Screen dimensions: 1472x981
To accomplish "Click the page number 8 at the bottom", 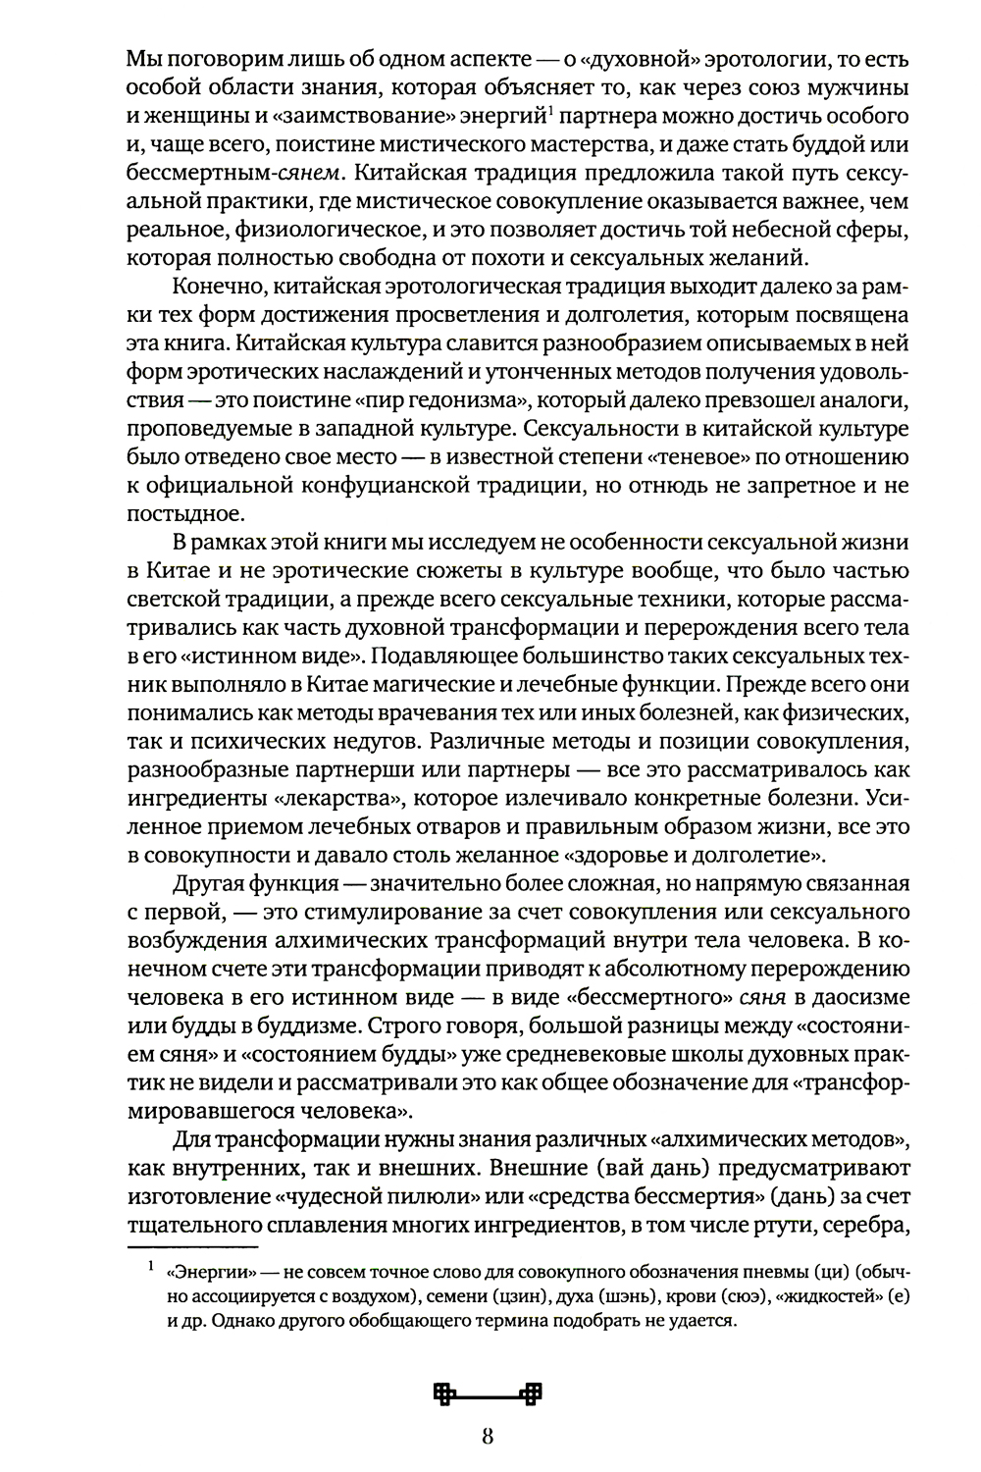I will coord(488,1440).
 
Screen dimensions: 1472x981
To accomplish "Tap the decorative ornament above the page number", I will coord(488,1393).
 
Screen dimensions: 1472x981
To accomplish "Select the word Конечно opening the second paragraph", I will coord(217,288).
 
